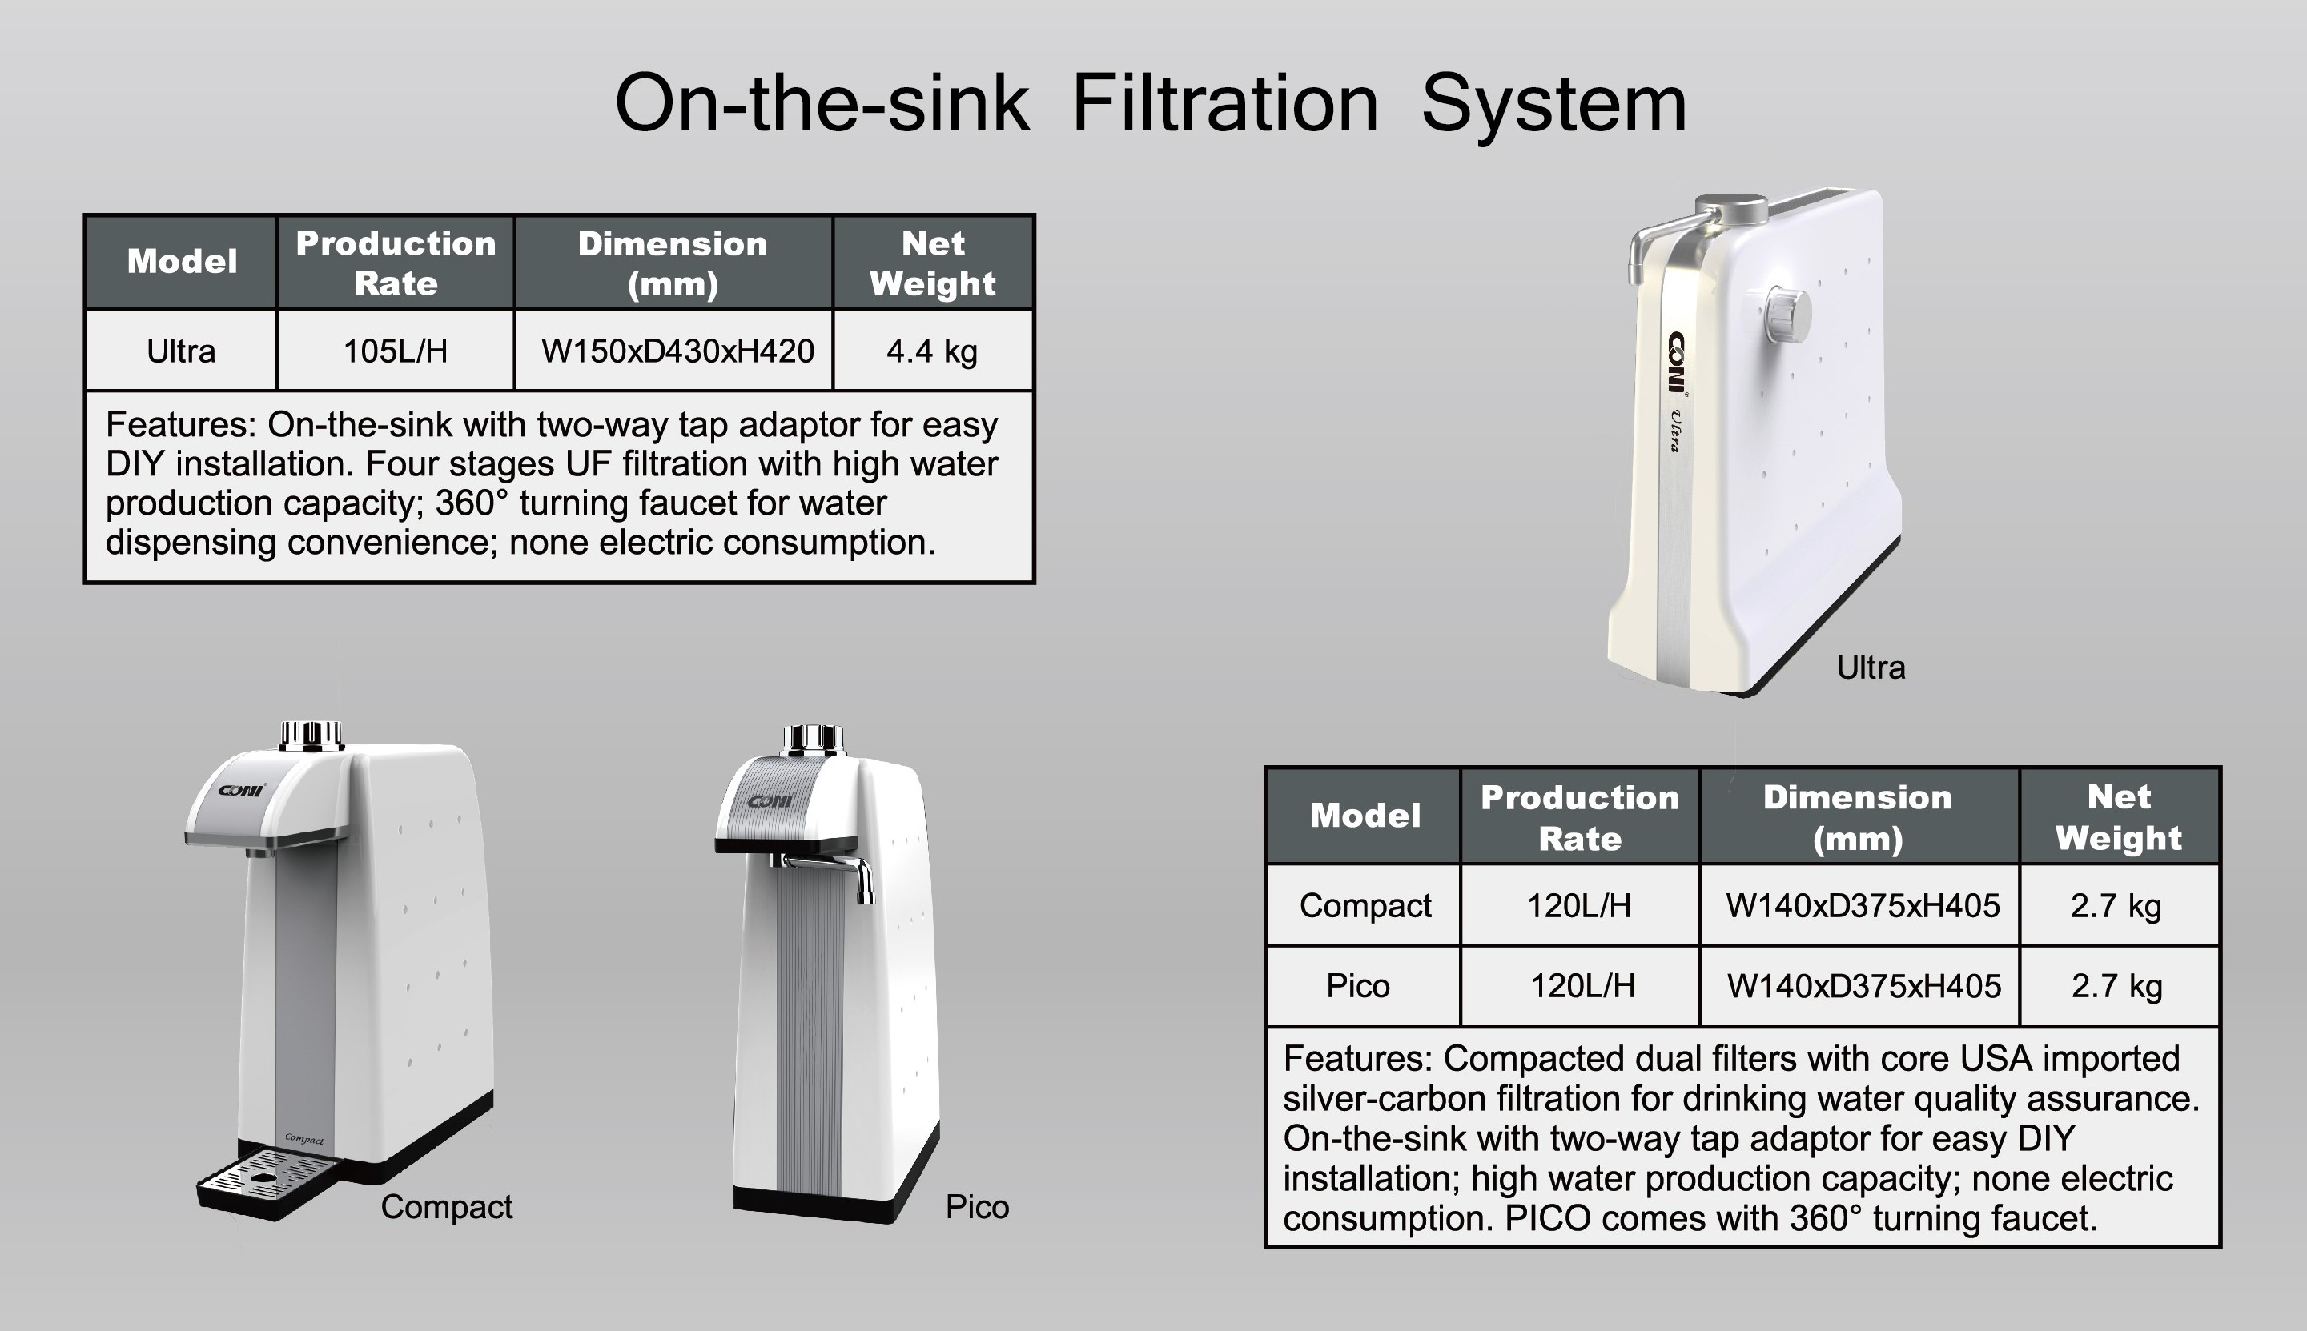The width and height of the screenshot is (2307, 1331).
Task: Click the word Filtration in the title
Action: point(1224,103)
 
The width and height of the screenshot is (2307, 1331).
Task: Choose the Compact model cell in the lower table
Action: point(1365,905)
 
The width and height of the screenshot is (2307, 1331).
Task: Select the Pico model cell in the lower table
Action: point(1358,985)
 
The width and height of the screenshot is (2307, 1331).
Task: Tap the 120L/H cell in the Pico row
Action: point(1582,985)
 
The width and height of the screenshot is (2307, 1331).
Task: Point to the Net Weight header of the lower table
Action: point(2119,816)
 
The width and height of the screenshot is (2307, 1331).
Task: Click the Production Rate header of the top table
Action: point(396,263)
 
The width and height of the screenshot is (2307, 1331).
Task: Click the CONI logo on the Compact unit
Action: point(243,789)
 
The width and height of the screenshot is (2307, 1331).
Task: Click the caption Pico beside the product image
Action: point(977,1207)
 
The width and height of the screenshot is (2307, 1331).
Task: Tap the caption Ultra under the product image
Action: point(1871,668)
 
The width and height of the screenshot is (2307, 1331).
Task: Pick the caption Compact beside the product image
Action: point(446,1207)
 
